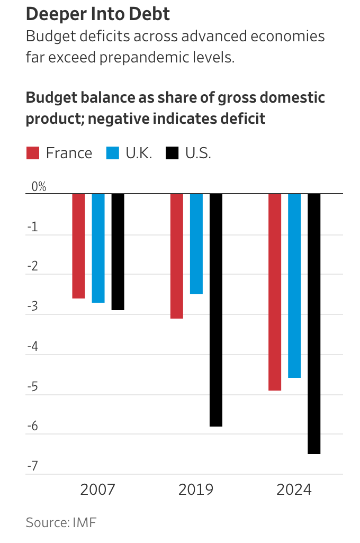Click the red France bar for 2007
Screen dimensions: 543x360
78,246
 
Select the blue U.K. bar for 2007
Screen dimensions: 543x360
98,248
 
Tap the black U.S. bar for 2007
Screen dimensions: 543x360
118,251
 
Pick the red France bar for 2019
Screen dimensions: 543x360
176,256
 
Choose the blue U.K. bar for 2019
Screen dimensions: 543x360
196,243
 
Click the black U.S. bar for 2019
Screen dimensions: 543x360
215,310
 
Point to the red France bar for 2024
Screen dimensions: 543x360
275,292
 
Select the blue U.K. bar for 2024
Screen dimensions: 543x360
294,285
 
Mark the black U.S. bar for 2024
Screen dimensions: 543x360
314,323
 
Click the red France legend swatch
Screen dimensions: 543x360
33,153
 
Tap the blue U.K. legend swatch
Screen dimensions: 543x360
113,153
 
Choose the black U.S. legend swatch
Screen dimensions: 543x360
172,153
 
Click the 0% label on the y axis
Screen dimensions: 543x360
39,187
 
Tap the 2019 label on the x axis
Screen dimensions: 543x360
196,490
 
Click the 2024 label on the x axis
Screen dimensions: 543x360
294,490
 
